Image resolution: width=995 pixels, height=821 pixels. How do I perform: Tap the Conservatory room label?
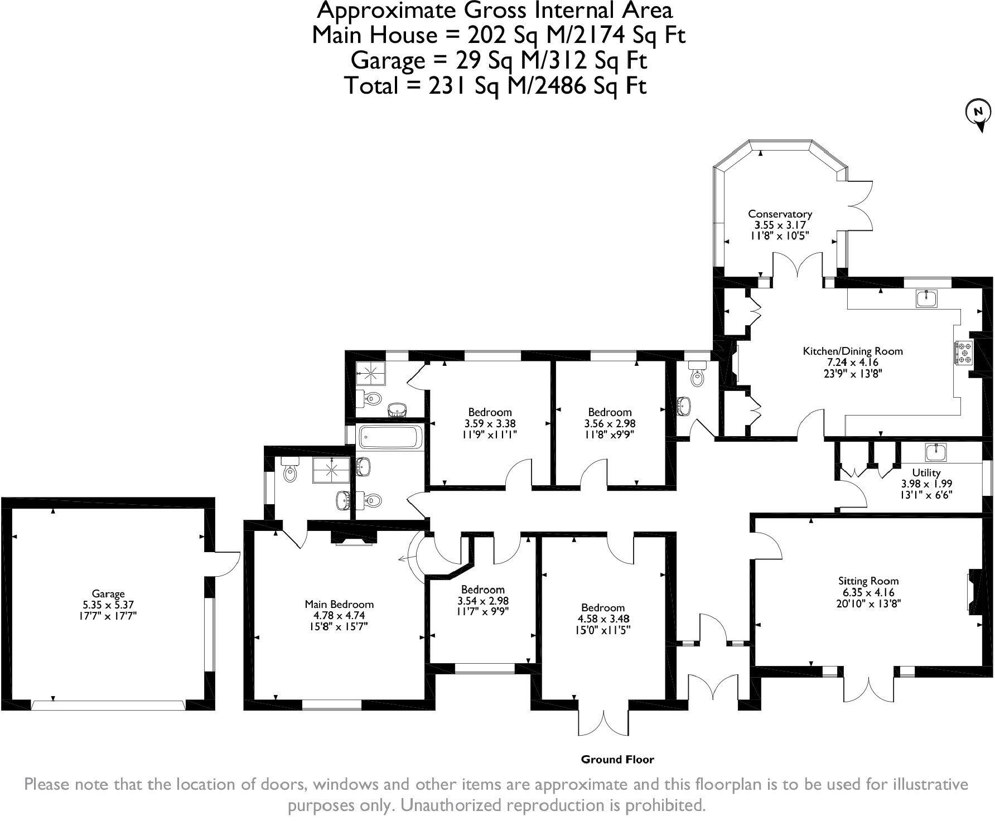(x=780, y=214)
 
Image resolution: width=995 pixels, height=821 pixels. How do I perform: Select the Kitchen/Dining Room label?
(x=852, y=351)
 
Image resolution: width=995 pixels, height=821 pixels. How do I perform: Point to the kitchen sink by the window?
(x=926, y=298)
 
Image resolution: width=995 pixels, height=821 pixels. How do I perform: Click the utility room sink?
(x=936, y=452)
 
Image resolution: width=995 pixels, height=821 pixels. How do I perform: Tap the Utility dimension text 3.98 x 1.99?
(x=926, y=484)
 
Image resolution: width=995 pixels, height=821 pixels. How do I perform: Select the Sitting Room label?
(x=868, y=581)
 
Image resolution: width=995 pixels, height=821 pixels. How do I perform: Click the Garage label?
(x=108, y=593)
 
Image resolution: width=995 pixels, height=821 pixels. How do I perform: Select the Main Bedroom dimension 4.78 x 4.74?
(x=339, y=616)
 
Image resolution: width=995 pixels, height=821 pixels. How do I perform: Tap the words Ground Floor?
(x=617, y=759)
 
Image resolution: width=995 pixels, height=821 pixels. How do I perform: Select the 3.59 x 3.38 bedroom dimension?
(x=489, y=423)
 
